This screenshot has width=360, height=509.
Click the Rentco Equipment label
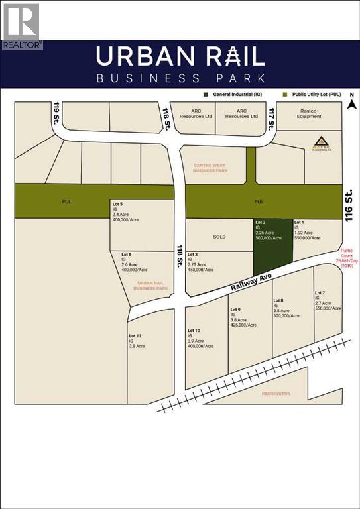pos(309,113)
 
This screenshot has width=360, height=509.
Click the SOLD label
pos(219,237)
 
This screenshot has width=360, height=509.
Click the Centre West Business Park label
pos(210,167)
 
